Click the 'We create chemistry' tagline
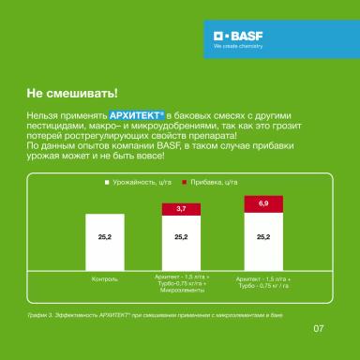click(234, 45)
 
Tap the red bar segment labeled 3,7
click(181, 208)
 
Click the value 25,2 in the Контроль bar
click(104, 239)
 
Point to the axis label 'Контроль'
click(104, 279)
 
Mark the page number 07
click(318, 328)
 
